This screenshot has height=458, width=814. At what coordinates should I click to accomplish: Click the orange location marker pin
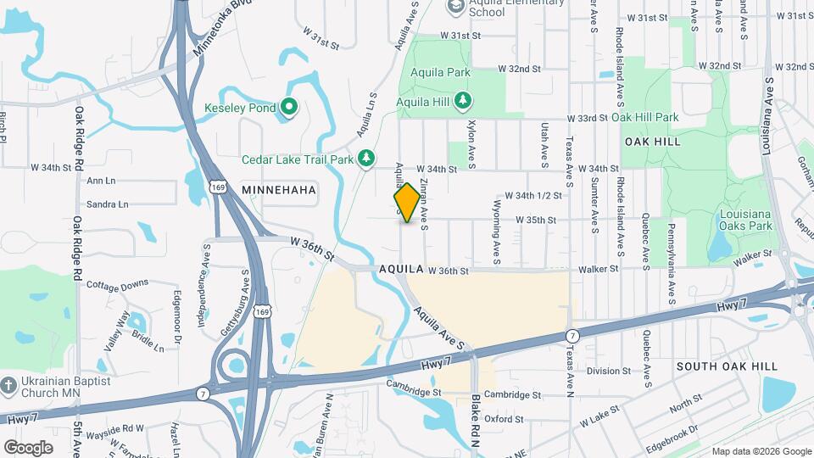point(408,203)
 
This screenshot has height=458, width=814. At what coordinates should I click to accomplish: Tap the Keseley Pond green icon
point(288,108)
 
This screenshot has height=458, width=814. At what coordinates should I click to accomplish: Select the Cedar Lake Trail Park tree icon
point(365,159)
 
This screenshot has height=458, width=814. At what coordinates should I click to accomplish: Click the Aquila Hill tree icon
point(463,103)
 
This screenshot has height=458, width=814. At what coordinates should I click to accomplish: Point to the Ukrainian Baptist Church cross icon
point(9,386)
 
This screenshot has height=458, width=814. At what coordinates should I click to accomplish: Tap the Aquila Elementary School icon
point(456,6)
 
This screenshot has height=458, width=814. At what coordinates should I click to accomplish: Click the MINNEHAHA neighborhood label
point(279,191)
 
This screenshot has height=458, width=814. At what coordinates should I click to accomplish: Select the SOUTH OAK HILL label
point(727,366)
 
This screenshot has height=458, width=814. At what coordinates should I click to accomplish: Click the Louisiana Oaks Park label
point(745,220)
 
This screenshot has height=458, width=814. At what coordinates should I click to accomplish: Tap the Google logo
point(28,447)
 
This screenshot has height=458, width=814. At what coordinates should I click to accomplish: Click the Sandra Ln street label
point(108,204)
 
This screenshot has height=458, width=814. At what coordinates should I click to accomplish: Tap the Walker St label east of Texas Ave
point(599,269)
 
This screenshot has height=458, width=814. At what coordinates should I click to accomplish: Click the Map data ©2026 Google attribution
point(761,450)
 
